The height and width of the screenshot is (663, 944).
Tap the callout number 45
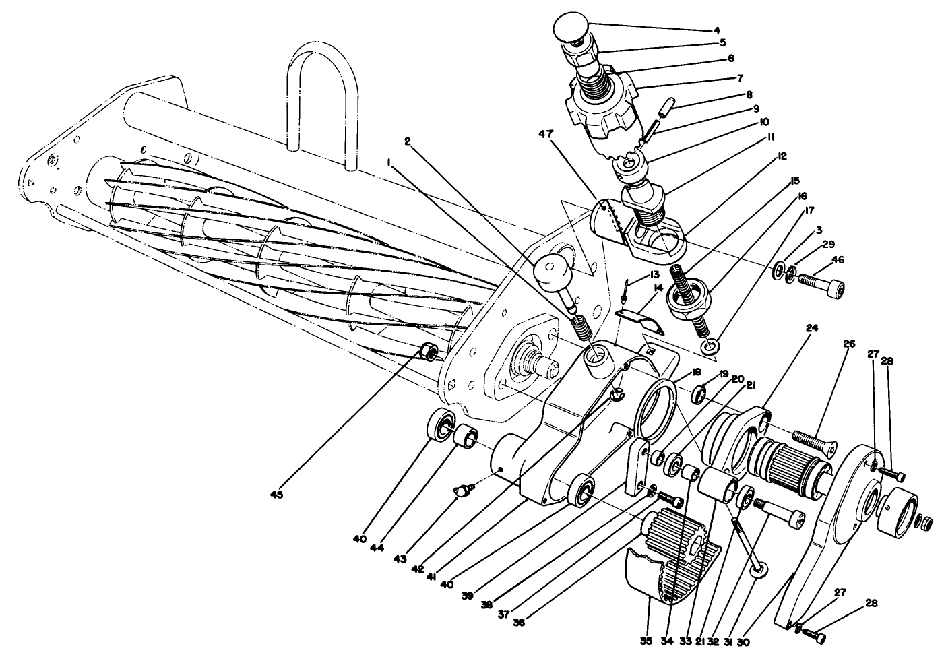(277, 494)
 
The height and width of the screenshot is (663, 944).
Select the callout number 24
(812, 328)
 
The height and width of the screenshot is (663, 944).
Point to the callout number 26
(849, 344)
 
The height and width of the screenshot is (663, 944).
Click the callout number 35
(646, 641)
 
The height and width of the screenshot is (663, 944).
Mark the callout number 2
(407, 141)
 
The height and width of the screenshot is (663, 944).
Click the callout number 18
(696, 372)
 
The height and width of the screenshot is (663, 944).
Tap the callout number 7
(740, 78)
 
